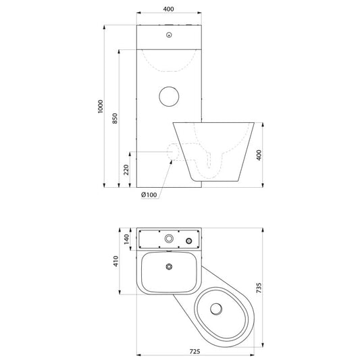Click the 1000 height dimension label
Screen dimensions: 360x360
[101, 106]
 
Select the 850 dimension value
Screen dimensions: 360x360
[115, 118]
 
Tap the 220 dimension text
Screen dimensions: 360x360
[126, 170]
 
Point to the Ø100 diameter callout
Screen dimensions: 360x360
[149, 195]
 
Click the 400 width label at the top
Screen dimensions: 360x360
[169, 9]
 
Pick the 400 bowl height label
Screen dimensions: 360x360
[259, 155]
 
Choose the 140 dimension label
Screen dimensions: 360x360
[126, 239]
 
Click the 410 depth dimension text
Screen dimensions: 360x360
[116, 261]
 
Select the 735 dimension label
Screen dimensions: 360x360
[259, 288]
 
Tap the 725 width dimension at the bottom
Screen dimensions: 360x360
[195, 351]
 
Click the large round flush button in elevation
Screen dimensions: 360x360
[169, 97]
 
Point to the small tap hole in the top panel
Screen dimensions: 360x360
[169, 35]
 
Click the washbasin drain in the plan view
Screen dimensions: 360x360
[169, 267]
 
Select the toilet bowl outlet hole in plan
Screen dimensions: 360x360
[216, 309]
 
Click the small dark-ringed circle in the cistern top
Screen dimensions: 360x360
[188, 241]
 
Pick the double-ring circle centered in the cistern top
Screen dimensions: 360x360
[169, 238]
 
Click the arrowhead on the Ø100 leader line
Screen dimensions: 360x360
[171, 162]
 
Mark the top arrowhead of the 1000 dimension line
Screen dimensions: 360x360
[104, 27]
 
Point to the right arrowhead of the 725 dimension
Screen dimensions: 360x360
[252, 355]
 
